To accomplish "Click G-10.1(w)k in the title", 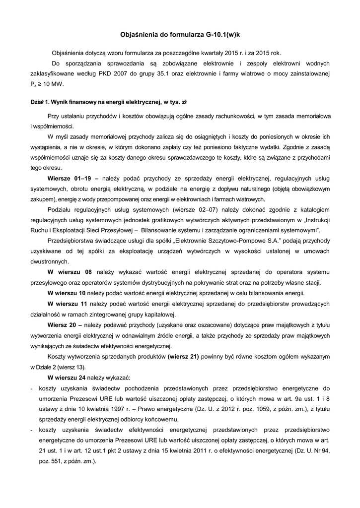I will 222,35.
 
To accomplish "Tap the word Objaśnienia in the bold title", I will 140,35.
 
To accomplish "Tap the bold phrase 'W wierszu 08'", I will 70,272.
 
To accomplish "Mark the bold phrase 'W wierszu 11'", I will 68,303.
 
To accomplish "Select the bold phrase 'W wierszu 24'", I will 67,377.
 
